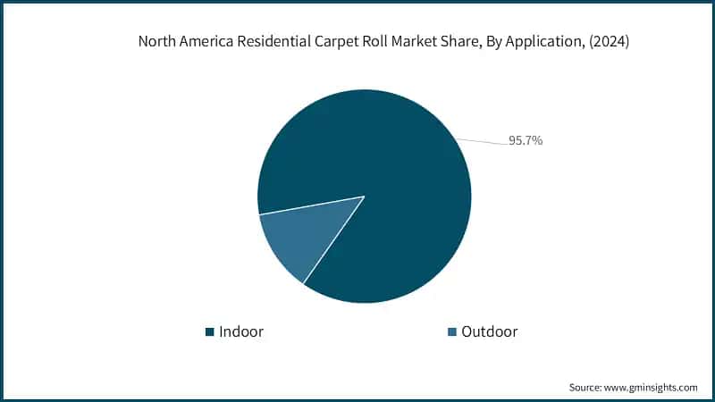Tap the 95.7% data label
click(x=526, y=140)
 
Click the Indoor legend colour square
click(x=210, y=332)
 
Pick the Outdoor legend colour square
click(x=452, y=332)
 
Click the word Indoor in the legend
click(x=241, y=331)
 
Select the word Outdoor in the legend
click(x=490, y=331)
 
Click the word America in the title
click(x=211, y=42)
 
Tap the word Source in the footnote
click(x=586, y=388)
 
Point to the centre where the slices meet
click(x=364, y=197)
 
